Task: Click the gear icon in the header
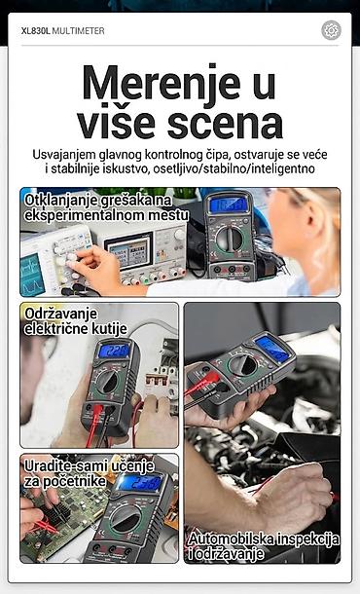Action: click(x=331, y=30)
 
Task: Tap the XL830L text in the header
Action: click(x=36, y=31)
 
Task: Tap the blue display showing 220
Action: click(x=114, y=351)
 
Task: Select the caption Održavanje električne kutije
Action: click(x=76, y=321)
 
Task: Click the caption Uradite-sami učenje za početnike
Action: click(x=89, y=473)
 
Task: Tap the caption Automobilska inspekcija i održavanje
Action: click(x=264, y=546)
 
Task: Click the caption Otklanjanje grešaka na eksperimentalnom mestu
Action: click(x=106, y=207)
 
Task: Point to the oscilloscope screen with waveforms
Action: click(x=32, y=275)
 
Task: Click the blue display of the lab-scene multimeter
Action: click(x=229, y=204)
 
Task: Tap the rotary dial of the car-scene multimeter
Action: click(x=243, y=365)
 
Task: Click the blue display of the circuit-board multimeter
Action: click(x=140, y=483)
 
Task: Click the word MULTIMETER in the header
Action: click(x=78, y=31)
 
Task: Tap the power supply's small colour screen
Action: click(x=128, y=251)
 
